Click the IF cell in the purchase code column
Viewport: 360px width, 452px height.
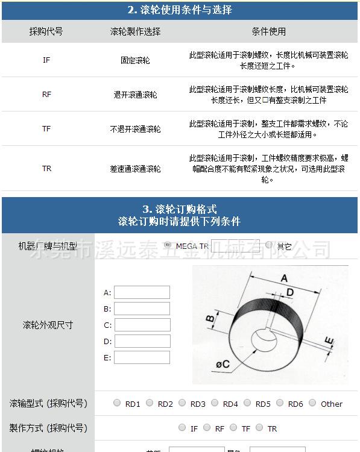coord(46,60)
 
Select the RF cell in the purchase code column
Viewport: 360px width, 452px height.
coord(46,95)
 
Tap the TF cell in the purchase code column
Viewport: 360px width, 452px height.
coord(46,129)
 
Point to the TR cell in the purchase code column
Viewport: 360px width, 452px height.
coord(46,169)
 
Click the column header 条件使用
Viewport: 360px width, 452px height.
coord(268,31)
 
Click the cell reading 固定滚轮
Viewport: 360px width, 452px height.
coord(135,60)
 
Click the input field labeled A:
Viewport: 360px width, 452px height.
coord(142,292)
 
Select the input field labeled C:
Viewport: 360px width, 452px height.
coord(142,325)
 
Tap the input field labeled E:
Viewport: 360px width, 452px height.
coord(142,357)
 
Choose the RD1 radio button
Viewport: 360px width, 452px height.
coord(117,403)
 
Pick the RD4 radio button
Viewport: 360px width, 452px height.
coord(215,403)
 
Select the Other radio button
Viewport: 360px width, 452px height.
coord(312,403)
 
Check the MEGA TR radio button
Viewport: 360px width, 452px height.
coord(168,245)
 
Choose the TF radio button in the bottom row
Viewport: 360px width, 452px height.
coord(233,428)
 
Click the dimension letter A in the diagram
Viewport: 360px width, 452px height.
coord(283,278)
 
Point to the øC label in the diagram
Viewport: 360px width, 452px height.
coord(221,364)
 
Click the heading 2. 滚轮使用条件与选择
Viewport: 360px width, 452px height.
coord(180,10)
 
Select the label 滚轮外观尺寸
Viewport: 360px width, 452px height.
coord(48,325)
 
